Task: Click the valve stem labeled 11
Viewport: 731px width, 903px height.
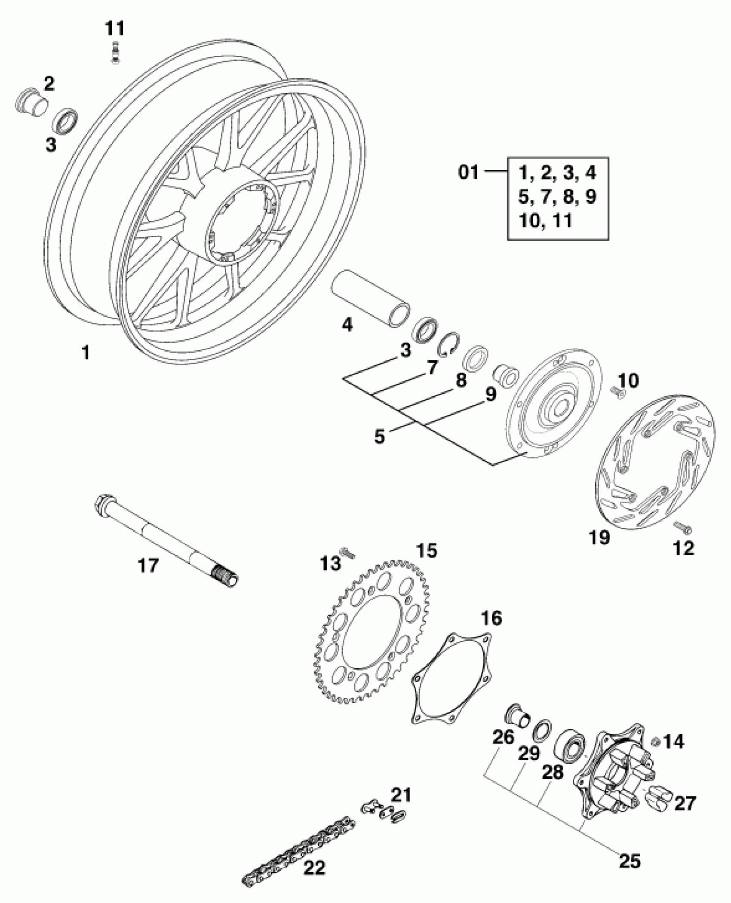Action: (115, 53)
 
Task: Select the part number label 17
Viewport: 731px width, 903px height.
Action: (148, 566)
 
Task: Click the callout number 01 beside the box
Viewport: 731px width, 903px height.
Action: (468, 173)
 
